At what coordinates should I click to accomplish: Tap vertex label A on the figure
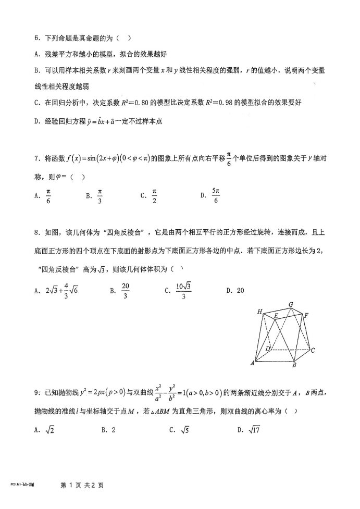point(252,363)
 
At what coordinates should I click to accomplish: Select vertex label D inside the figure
point(268,348)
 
